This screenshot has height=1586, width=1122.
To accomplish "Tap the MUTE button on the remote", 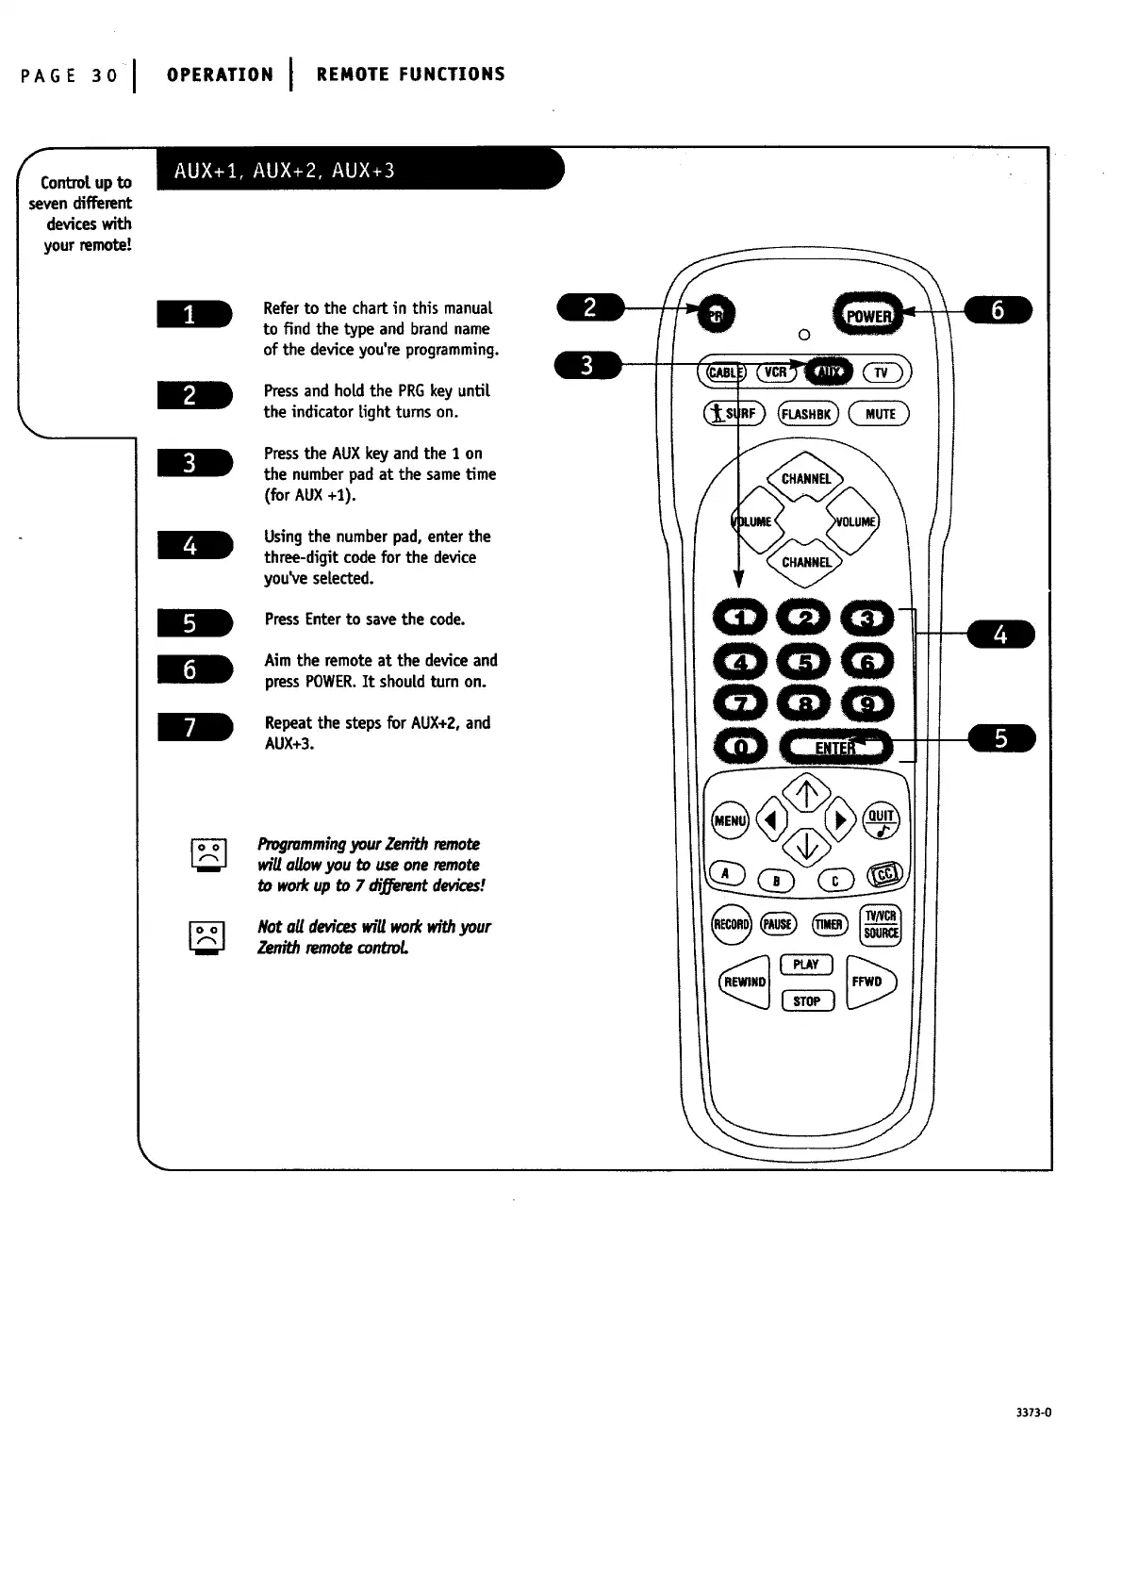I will [x=879, y=414].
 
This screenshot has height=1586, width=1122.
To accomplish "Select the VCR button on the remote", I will [x=775, y=372].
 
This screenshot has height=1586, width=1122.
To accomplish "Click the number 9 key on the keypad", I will [x=866, y=703].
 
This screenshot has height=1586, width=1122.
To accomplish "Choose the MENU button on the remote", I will [x=729, y=819].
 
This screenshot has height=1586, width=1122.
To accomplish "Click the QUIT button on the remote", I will [x=882, y=821].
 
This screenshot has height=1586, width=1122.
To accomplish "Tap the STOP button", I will [x=807, y=1001].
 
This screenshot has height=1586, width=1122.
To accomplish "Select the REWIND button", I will [x=744, y=982].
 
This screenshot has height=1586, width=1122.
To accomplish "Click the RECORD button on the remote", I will [x=732, y=924].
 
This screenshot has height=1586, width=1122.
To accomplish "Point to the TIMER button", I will [x=829, y=924].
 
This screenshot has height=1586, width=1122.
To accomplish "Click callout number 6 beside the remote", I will [x=998, y=309].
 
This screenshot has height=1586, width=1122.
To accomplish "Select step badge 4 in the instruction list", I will [x=192, y=545].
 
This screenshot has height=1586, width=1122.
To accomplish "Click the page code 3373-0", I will [x=1034, y=1413].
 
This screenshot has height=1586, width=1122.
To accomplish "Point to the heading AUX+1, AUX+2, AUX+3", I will [x=283, y=171].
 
